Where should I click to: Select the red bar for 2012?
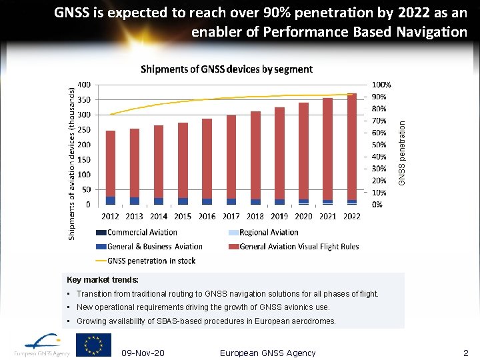pos(111,163)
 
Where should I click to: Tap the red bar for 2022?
pos(352,147)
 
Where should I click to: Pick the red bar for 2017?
pos(231,157)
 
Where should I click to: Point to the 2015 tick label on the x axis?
pos(183,216)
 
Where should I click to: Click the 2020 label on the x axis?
pos(304,216)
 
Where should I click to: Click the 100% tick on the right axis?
pos(381,85)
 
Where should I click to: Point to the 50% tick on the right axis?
pos(379,145)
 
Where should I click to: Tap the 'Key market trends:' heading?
pos(103,280)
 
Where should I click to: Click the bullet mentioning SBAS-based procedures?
pos(206,321)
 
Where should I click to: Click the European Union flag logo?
pos(93,345)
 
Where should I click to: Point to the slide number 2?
pos(466,353)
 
